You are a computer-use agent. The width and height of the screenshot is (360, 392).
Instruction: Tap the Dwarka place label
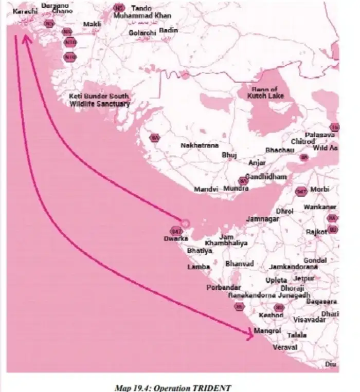pyautogui.click(x=173, y=239)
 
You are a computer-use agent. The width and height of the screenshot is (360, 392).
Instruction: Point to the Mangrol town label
pyautogui.click(x=267, y=331)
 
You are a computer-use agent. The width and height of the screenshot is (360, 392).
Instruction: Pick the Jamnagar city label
pyautogui.click(x=262, y=219)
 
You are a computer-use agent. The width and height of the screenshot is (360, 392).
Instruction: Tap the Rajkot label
pyautogui.click(x=316, y=232)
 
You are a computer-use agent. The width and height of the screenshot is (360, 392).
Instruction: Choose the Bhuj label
pyautogui.click(x=227, y=155)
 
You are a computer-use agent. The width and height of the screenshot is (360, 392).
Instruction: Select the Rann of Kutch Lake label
pyautogui.click(x=264, y=92)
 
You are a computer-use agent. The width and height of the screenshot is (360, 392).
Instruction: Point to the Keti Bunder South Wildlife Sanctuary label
pyautogui.click(x=100, y=100)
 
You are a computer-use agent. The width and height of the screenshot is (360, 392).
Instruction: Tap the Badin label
pyautogui.click(x=168, y=30)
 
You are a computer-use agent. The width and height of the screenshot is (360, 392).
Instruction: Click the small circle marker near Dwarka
pyautogui.click(x=186, y=223)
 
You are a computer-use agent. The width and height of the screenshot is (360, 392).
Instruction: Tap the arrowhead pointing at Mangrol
pyautogui.click(x=250, y=335)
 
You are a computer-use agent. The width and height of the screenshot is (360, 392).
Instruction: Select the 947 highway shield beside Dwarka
pyautogui.click(x=175, y=231)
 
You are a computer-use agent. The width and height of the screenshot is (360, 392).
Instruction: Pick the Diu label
pyautogui.click(x=331, y=364)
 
